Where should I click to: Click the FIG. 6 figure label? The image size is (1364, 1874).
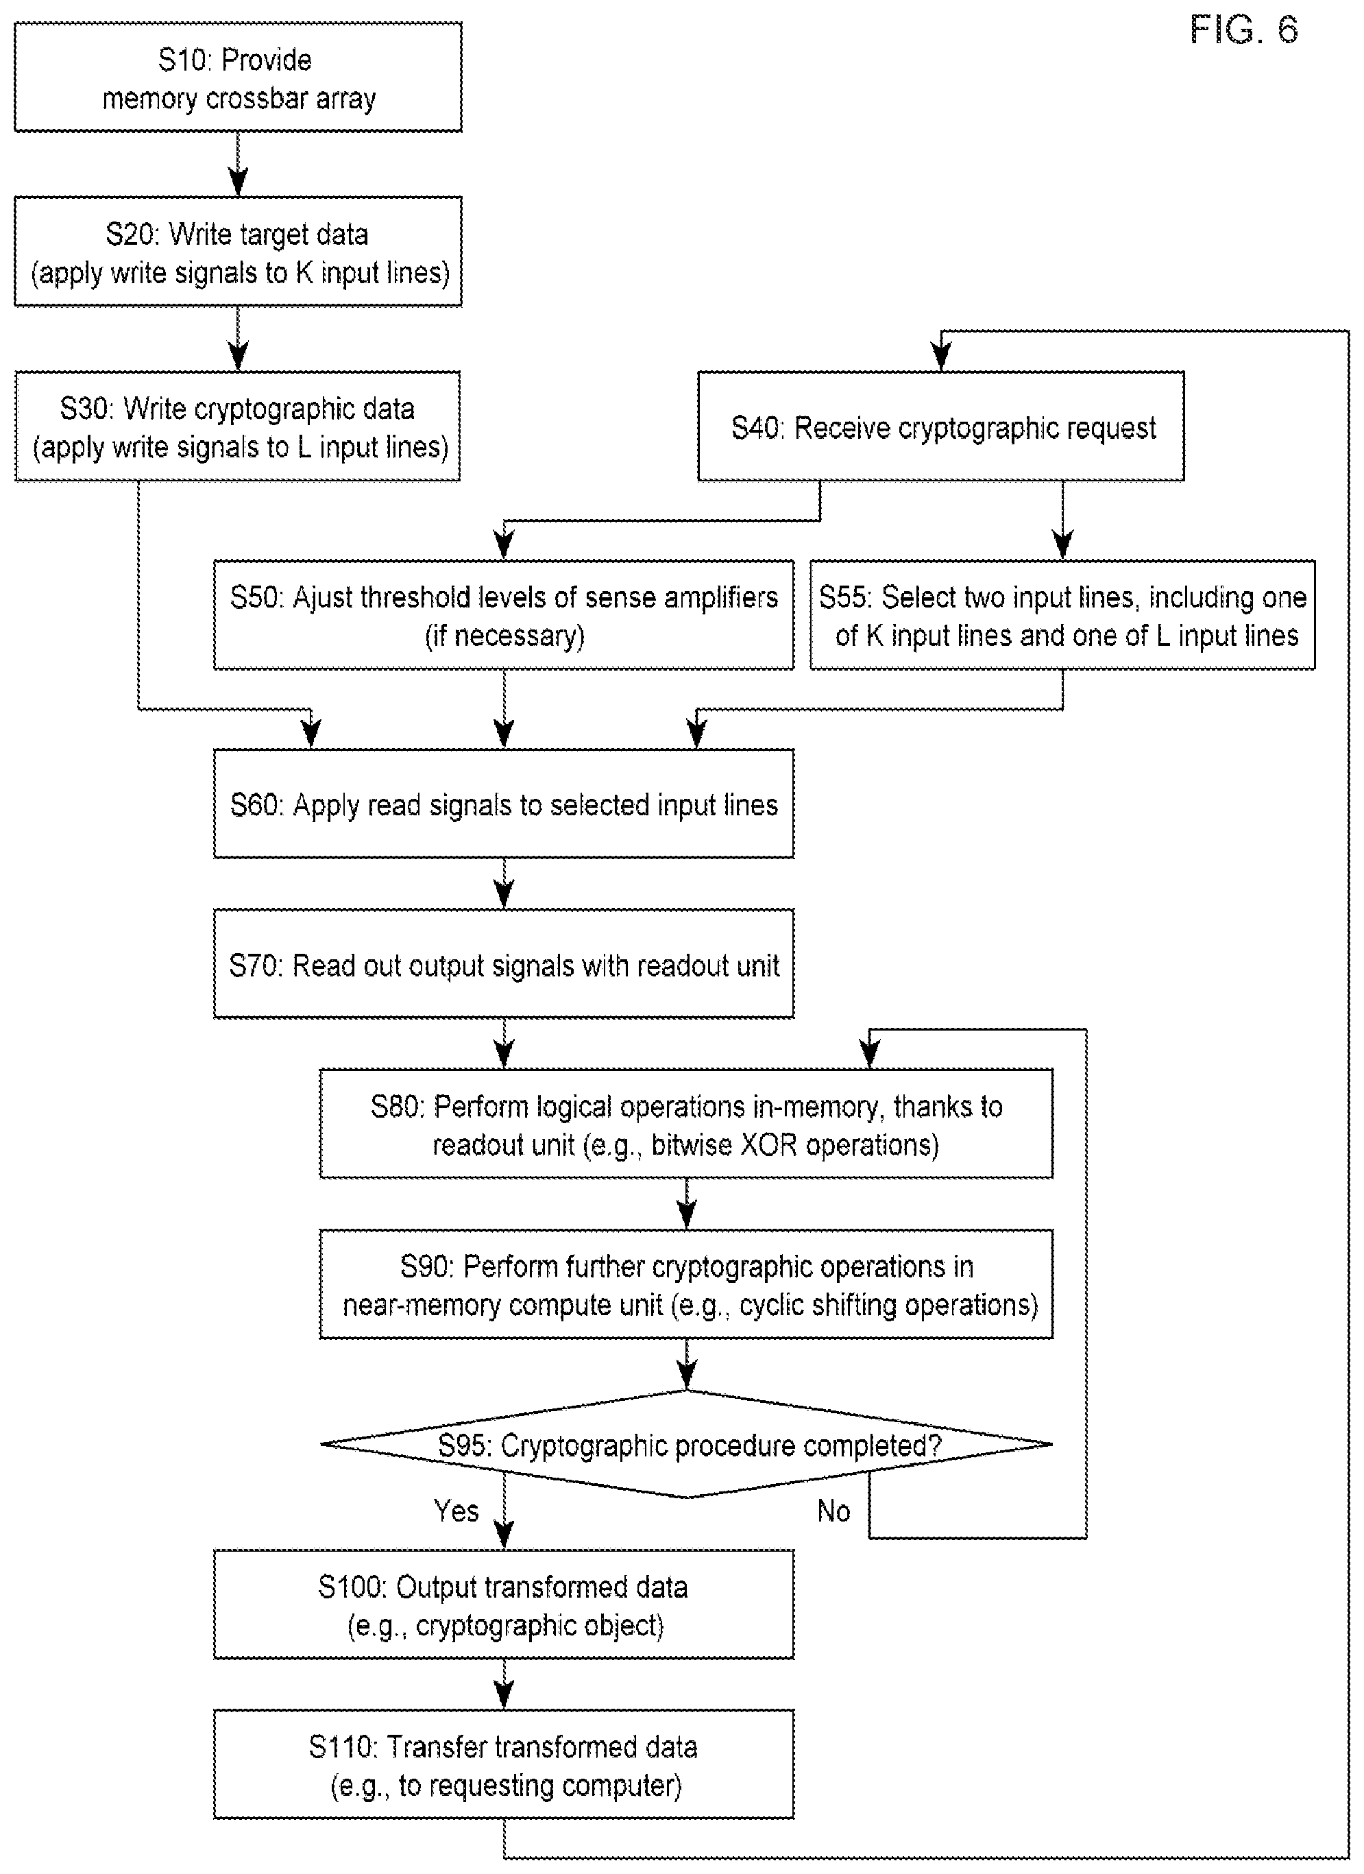[1243, 31]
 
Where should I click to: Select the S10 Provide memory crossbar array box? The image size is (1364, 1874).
[238, 77]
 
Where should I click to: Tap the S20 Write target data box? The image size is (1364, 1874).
[238, 251]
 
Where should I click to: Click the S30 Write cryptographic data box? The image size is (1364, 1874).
[238, 426]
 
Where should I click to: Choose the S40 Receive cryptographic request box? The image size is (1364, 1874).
[941, 426]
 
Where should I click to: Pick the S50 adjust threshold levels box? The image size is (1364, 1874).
[504, 615]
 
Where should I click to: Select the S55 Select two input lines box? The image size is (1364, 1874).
[1062, 615]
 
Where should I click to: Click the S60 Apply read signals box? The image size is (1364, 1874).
[504, 803]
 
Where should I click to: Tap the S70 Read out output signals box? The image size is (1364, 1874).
[504, 963]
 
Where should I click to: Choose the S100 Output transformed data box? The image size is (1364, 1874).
[504, 1605]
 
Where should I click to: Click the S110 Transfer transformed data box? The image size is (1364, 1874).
[504, 1764]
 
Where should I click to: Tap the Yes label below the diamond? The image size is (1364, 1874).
[456, 1511]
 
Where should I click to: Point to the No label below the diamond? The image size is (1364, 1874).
[833, 1511]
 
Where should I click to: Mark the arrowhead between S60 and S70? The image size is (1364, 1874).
[504, 896]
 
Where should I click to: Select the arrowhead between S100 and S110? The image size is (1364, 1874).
[504, 1696]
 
